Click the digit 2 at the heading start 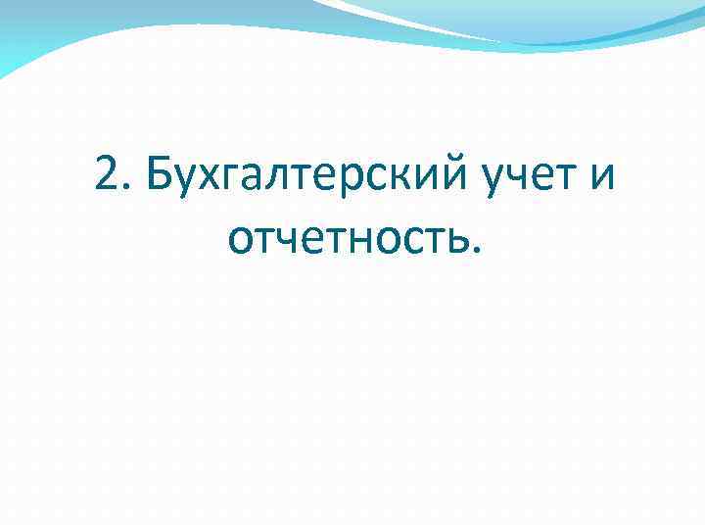(107, 176)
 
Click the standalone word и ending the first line (605, 178)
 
